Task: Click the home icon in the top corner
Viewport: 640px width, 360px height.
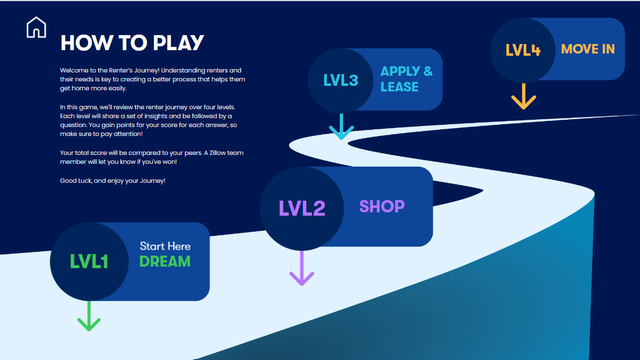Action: [36, 27]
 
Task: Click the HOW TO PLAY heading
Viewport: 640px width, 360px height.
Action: [132, 43]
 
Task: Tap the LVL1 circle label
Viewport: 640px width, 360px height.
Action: [89, 261]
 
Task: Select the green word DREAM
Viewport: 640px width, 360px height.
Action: [165, 261]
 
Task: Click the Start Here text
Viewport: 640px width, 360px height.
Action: [165, 246]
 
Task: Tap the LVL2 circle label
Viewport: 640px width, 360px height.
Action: [302, 208]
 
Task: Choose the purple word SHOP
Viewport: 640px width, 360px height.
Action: [382, 206]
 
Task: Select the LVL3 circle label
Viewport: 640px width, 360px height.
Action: [341, 80]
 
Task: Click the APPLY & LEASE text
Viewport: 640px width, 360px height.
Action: [406, 79]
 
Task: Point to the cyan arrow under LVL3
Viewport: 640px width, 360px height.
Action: [341, 127]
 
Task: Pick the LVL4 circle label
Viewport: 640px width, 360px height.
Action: [523, 50]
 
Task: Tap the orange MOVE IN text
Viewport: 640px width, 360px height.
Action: [588, 49]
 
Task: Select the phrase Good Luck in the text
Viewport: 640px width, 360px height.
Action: [73, 181]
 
